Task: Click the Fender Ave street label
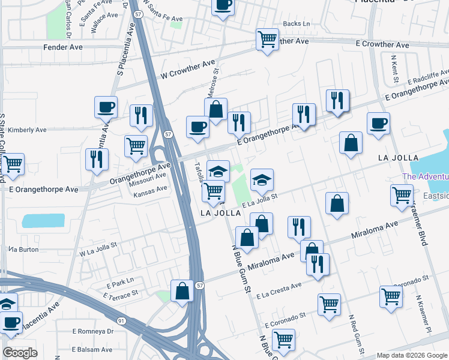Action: [x=62, y=46]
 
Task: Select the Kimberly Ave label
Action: [x=28, y=130]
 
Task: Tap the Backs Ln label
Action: [x=295, y=23]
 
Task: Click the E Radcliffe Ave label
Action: [x=428, y=77]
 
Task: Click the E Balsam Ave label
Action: [x=92, y=349]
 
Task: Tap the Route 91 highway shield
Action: [x=121, y=321]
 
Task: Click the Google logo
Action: [x=20, y=352]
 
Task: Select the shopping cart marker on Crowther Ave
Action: [x=267, y=40]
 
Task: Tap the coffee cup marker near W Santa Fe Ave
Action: [x=223, y=6]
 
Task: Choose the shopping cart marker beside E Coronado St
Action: [x=329, y=304]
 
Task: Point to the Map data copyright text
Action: [x=412, y=355]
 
